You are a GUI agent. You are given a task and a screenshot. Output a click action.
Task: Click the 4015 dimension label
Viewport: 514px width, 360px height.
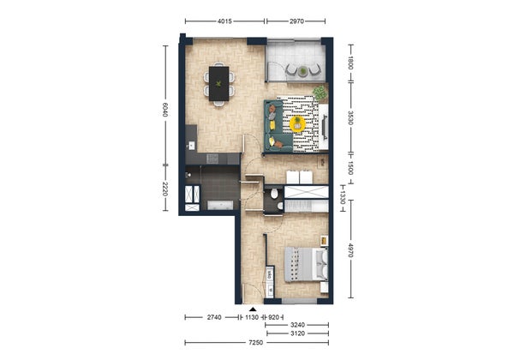[224, 21]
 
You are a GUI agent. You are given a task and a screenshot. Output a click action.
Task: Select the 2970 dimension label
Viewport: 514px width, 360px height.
[296, 21]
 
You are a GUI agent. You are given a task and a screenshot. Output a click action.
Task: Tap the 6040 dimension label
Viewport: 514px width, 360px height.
[165, 110]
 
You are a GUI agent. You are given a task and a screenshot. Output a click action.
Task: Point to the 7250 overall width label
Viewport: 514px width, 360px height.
[255, 343]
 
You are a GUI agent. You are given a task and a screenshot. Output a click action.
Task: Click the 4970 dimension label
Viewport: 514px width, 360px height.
[350, 250]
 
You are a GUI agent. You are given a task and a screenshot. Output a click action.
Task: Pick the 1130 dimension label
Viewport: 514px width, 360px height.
[252, 317]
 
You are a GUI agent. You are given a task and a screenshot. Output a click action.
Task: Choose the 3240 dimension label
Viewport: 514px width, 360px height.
[297, 325]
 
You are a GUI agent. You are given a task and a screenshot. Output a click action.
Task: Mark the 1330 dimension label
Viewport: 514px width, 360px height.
[343, 198]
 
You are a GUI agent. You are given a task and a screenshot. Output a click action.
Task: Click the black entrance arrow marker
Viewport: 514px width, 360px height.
[253, 309]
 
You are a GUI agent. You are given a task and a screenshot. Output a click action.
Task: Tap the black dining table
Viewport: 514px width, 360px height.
[219, 84]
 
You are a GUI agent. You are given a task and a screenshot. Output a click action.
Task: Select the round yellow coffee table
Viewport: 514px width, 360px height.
[297, 124]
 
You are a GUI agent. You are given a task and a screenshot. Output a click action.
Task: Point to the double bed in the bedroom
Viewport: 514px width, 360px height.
[307, 264]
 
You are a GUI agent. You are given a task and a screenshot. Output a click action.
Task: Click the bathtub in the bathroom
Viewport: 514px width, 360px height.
[220, 205]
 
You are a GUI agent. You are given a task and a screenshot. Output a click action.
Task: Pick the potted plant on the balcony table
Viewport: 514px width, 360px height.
[303, 71]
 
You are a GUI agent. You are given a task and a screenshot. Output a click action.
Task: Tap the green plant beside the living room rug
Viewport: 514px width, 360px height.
[320, 93]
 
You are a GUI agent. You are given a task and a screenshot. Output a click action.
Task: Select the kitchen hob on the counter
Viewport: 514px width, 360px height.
[212, 159]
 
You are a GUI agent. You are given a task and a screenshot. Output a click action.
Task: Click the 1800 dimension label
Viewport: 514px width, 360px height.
[350, 63]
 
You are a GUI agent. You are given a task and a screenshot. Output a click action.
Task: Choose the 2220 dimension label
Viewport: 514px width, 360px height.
[165, 189]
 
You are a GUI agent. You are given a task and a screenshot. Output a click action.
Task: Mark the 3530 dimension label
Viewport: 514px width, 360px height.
[350, 117]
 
